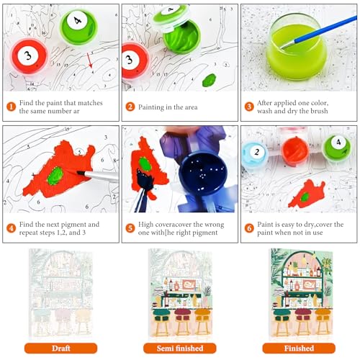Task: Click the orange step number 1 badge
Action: coord(11,107)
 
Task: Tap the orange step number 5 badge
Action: coord(130,228)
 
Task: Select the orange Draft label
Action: coord(60,348)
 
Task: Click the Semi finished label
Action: coord(180,348)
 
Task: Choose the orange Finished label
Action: coord(299,348)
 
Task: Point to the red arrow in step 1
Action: coord(90,60)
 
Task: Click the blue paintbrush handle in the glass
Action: coord(325,30)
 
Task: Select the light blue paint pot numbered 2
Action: coord(255,153)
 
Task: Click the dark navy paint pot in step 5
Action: coord(203,174)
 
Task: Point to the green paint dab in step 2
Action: coord(209,80)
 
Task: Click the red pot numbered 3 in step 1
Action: coord(30,57)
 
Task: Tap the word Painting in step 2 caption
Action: coord(153,107)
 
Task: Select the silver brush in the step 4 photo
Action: coord(98,176)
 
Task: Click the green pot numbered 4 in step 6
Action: coord(336,148)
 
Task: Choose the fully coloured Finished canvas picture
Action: coord(302,294)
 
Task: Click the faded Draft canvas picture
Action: coord(60,294)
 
